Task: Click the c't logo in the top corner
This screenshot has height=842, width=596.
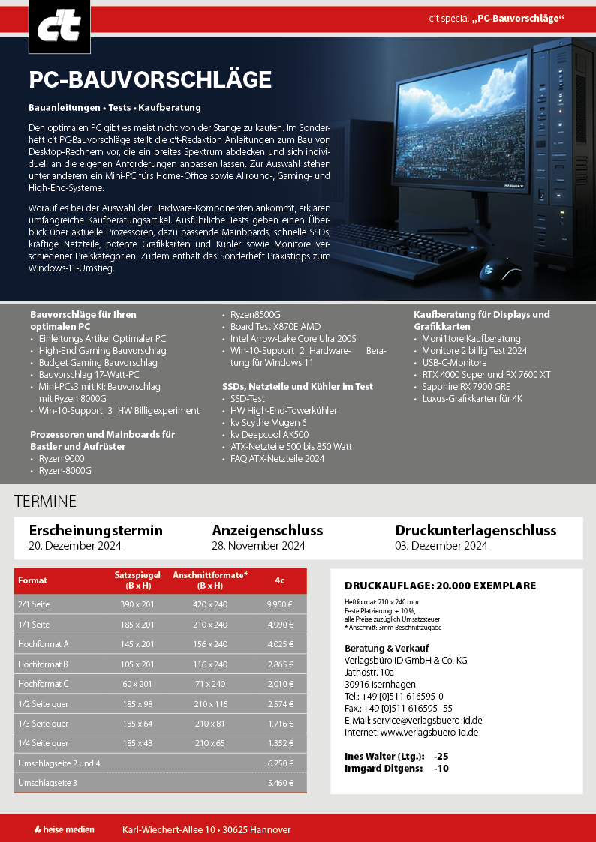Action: (49, 27)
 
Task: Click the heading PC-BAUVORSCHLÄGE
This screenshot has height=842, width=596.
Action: (150, 80)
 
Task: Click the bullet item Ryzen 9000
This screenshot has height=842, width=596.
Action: (62, 459)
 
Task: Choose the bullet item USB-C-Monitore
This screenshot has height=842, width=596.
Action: (454, 362)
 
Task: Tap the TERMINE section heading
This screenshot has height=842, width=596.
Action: (45, 502)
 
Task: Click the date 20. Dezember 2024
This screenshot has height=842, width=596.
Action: (75, 546)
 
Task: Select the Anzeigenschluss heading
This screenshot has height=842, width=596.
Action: (267, 530)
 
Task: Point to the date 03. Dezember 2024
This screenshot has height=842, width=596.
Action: (441, 546)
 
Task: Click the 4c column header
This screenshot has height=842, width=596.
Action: (279, 580)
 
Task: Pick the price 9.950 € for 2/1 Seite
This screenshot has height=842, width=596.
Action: (279, 604)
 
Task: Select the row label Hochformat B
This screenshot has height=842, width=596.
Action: (43, 664)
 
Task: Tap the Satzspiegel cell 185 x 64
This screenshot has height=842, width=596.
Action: (138, 724)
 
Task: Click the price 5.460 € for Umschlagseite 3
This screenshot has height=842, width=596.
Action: (279, 783)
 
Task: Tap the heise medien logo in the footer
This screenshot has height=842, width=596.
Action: (65, 829)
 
